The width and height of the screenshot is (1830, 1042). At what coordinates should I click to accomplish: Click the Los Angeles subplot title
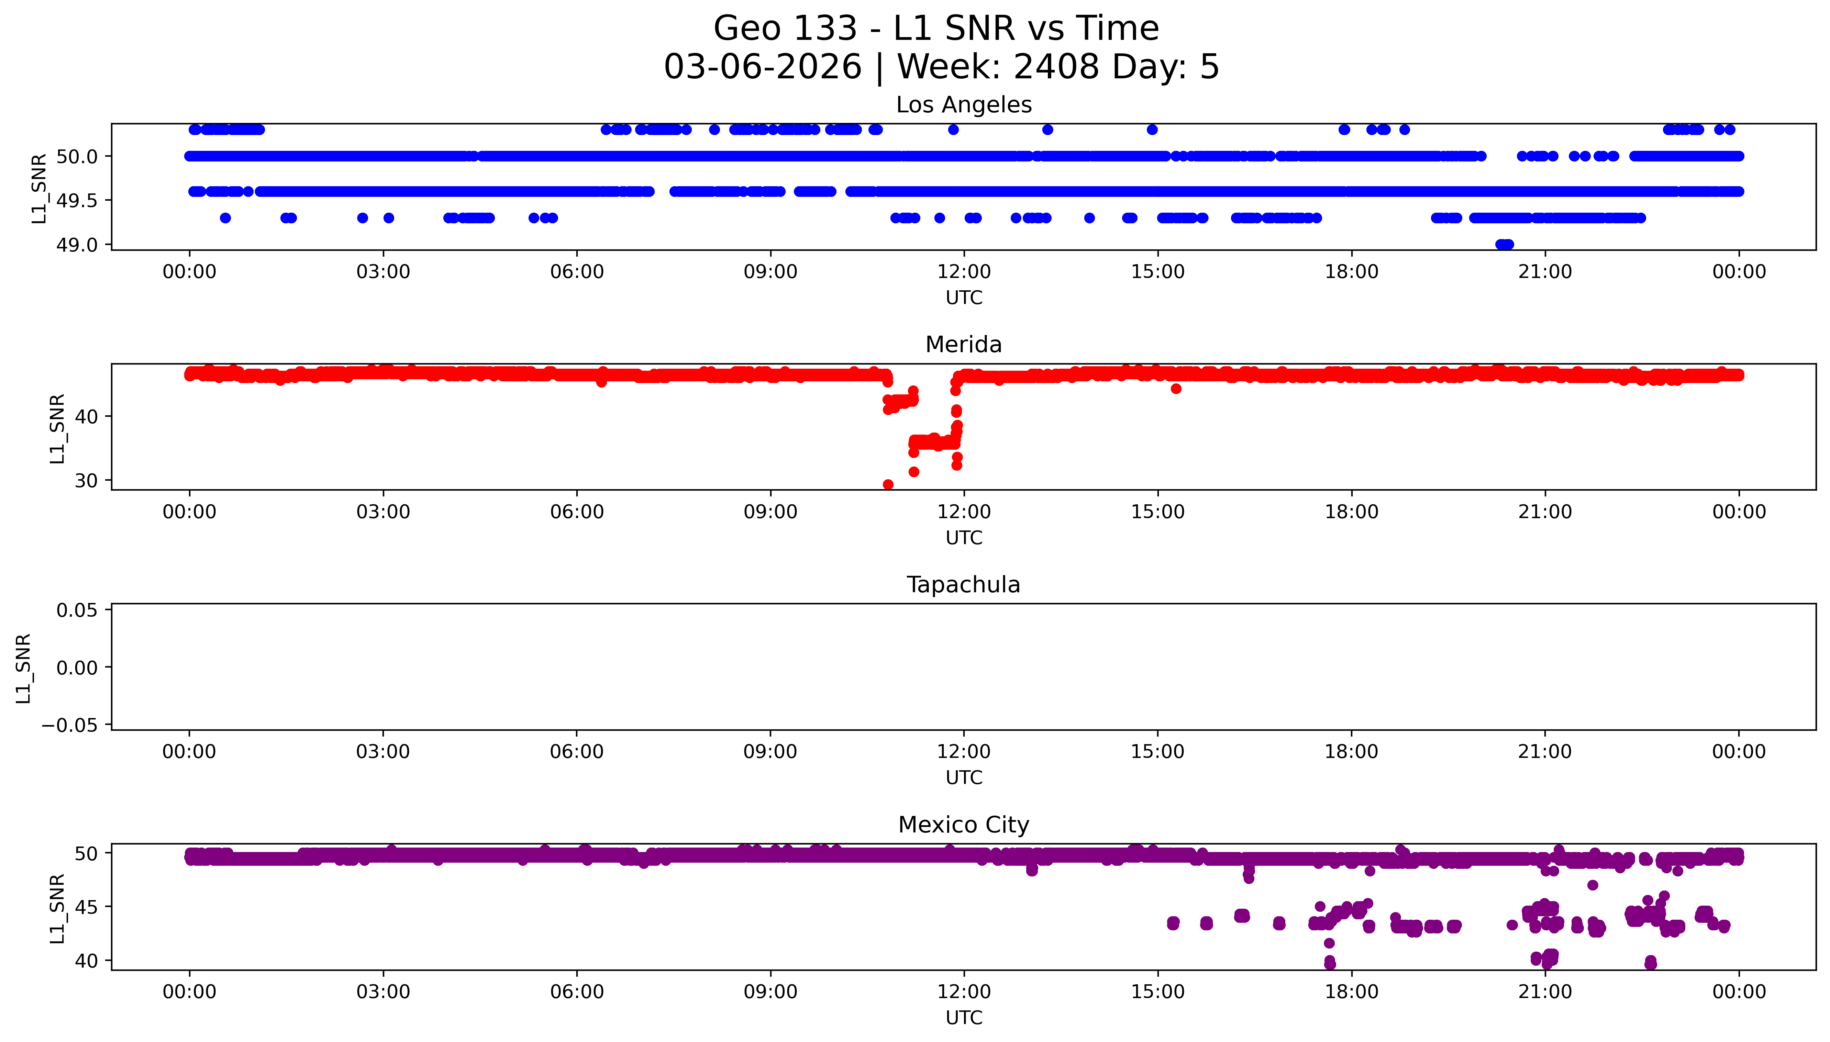[963, 105]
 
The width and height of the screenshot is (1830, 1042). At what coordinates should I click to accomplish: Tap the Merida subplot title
[963, 345]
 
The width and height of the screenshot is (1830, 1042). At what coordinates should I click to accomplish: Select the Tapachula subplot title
[963, 585]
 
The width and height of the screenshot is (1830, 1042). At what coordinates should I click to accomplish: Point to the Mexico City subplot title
[963, 825]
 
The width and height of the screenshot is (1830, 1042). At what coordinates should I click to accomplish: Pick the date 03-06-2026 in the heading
[762, 67]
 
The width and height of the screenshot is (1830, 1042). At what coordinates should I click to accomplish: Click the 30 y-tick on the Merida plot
[86, 480]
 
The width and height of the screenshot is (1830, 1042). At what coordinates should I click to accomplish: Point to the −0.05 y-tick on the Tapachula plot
[69, 725]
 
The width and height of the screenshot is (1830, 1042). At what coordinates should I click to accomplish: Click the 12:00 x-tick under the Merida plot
[964, 512]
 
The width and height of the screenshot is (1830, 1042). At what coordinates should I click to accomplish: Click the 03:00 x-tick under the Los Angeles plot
[383, 272]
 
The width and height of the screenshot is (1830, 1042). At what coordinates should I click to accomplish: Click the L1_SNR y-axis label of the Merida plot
[57, 428]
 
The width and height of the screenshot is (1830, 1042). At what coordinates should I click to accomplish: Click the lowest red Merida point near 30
[888, 484]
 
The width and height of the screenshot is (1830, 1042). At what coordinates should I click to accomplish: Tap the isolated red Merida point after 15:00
[1176, 389]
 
